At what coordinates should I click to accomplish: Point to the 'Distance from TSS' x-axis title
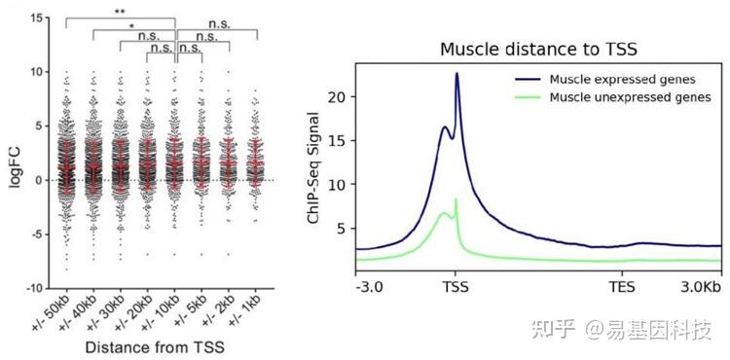pyautogui.click(x=156, y=346)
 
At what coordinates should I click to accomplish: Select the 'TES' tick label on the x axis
pyautogui.click(x=623, y=289)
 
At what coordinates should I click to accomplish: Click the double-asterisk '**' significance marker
pyautogui.click(x=119, y=13)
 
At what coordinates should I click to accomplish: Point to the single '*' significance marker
pyautogui.click(x=132, y=26)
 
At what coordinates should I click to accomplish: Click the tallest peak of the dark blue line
pyautogui.click(x=456, y=74)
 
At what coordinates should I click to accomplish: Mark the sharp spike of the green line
pyautogui.click(x=456, y=199)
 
